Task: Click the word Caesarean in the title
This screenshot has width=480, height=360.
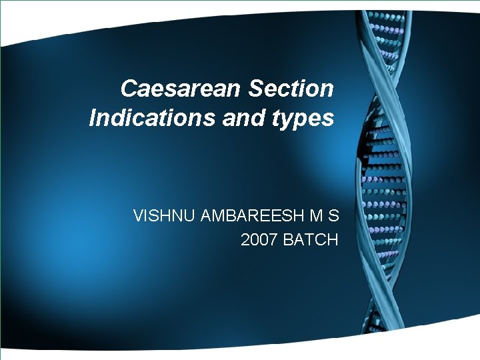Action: tap(181, 87)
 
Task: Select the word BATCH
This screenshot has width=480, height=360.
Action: tap(311, 239)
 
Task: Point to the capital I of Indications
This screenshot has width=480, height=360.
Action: tap(92, 118)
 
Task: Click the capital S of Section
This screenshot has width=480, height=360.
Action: tap(254, 87)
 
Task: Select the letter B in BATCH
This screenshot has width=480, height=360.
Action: tap(288, 239)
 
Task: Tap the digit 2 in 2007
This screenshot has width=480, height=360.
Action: tap(245, 239)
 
